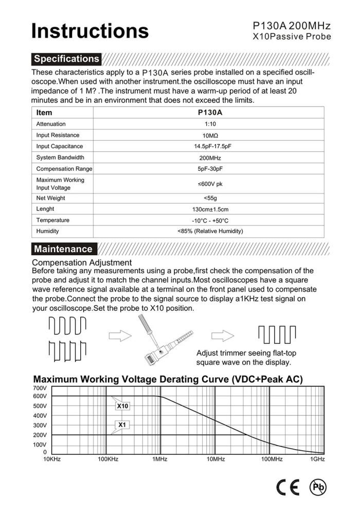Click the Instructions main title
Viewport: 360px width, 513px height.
[90, 30]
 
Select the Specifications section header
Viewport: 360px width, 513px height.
[66, 59]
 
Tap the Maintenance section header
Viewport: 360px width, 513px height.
[63, 249]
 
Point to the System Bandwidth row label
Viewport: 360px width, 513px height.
[60, 157]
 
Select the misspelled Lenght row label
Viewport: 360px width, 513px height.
[45, 209]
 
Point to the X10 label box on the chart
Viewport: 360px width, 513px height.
[122, 406]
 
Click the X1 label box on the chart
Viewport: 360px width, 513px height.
[122, 425]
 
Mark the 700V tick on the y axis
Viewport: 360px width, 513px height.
[40, 387]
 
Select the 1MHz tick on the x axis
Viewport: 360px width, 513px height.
[160, 459]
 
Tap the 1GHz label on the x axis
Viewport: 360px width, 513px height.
[317, 459]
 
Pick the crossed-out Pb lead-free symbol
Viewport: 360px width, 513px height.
[317, 487]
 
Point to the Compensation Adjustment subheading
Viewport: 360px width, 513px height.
[82, 262]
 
